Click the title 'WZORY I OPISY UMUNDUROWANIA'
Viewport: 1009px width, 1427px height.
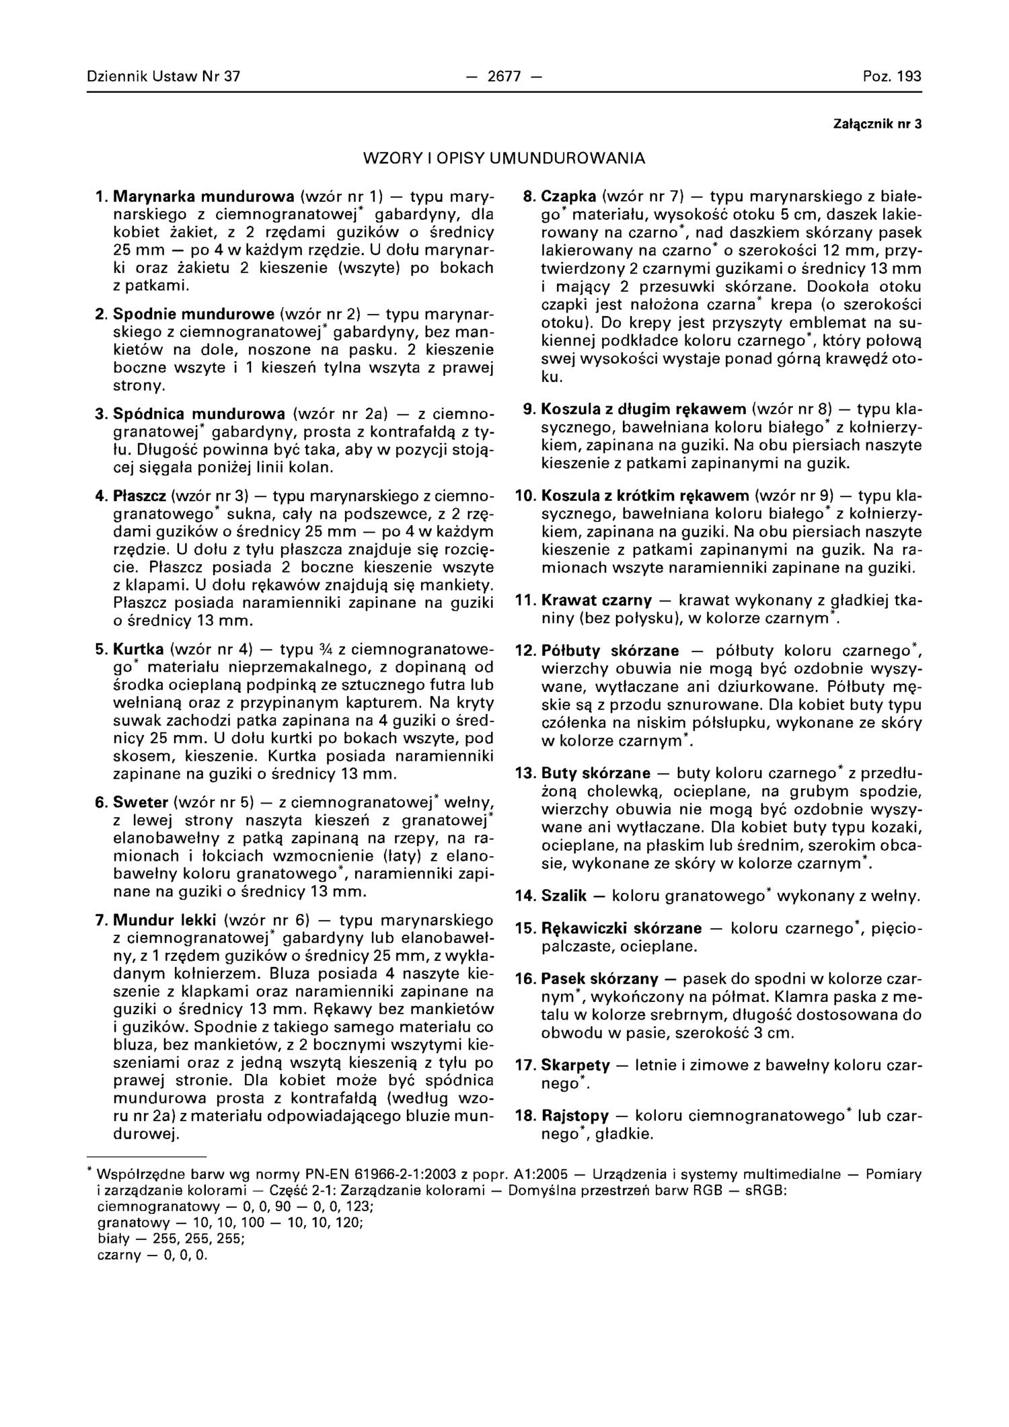504,159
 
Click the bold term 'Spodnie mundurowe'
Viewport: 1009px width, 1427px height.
194,314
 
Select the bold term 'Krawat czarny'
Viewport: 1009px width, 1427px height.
597,599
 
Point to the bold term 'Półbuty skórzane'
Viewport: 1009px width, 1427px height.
610,651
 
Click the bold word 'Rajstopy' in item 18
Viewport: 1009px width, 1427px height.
575,1116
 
